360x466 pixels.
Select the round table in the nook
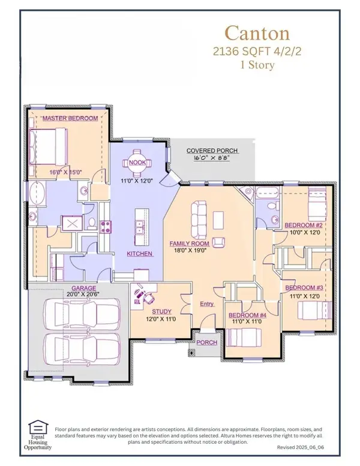pyautogui.click(x=132, y=162)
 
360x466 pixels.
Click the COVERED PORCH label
pyautogui.click(x=212, y=151)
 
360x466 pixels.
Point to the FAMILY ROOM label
pyautogui.click(x=188, y=244)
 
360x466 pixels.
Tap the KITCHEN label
pyautogui.click(x=140, y=254)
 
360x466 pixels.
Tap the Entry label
pyautogui.click(x=206, y=304)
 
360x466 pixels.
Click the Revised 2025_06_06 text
pyautogui.click(x=305, y=448)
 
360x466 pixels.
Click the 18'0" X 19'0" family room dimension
pyautogui.click(x=188, y=251)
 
